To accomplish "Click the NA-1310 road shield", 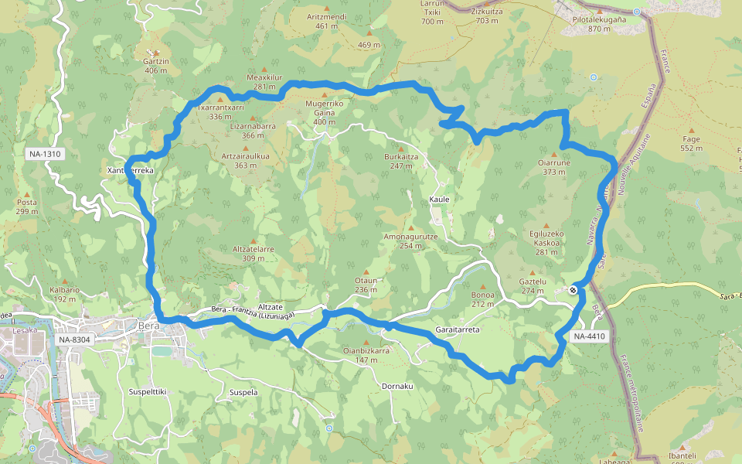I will point(44,154).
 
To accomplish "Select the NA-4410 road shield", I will point(590,336).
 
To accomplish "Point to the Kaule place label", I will point(439,199).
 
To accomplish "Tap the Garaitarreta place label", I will point(458,329).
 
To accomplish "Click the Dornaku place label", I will point(398,386).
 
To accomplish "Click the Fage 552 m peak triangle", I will point(690,130).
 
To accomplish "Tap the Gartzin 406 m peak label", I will point(156,66).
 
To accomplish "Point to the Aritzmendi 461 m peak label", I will point(326,21).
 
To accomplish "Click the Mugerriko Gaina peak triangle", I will point(325,94).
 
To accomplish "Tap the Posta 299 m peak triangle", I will point(28,194).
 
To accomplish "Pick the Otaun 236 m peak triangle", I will point(366,271).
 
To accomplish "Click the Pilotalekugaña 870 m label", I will point(599,24).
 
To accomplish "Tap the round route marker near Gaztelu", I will point(573,290).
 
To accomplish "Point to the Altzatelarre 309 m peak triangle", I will point(253,241).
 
